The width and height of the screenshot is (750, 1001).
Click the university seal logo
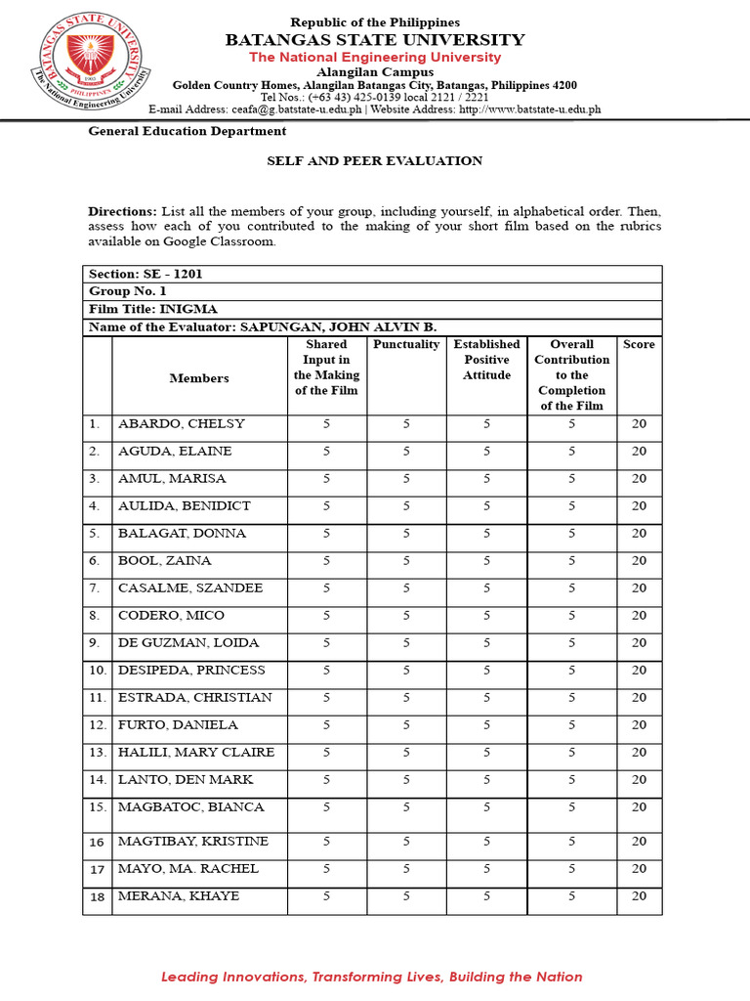[94, 64]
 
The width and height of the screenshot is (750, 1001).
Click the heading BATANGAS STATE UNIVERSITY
[375, 40]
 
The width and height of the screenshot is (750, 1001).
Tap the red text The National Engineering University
[375, 58]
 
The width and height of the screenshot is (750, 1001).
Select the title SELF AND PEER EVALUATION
[375, 161]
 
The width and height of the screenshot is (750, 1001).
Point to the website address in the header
[529, 110]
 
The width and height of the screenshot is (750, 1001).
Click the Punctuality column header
[406, 345]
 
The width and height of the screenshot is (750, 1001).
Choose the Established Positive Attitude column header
[486, 360]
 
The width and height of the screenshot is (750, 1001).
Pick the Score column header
[639, 345]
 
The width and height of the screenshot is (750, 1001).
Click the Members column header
[199, 378]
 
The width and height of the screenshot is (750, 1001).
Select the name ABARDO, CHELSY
[182, 424]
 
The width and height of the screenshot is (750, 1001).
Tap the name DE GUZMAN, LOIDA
[188, 643]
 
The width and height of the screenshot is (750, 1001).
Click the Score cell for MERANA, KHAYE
[639, 896]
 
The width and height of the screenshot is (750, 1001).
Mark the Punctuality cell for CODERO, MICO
[406, 616]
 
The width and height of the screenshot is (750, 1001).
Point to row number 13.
[97, 753]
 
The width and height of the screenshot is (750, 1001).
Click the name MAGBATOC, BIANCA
[191, 807]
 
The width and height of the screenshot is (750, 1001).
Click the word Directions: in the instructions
[122, 212]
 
